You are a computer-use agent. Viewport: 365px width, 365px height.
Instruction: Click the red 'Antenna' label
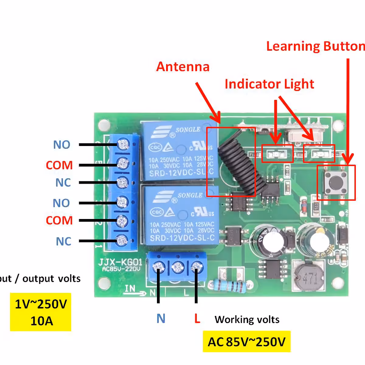(x=183, y=67)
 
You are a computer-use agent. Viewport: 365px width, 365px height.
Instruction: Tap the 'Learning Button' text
(x=315, y=46)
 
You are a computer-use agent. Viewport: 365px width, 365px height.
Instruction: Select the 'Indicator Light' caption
(x=269, y=84)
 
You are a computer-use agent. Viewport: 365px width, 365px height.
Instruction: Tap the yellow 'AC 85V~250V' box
(x=246, y=342)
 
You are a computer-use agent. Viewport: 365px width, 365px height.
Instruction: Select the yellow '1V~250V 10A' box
(x=41, y=312)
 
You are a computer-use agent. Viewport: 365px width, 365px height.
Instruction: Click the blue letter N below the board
(x=161, y=318)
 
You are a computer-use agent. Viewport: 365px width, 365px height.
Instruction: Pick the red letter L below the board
(x=197, y=318)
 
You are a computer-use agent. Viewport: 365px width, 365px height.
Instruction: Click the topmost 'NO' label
(x=62, y=145)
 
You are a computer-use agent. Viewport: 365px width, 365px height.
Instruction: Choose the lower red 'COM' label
(x=59, y=220)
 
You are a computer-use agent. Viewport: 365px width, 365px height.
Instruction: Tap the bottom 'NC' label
(x=64, y=241)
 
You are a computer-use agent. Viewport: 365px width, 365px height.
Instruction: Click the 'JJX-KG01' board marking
(x=120, y=262)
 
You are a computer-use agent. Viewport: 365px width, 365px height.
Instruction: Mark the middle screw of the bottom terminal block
(x=177, y=268)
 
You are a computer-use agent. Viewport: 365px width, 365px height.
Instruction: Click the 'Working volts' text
(x=247, y=319)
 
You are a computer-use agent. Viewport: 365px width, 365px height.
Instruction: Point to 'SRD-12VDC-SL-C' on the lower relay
(x=182, y=238)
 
